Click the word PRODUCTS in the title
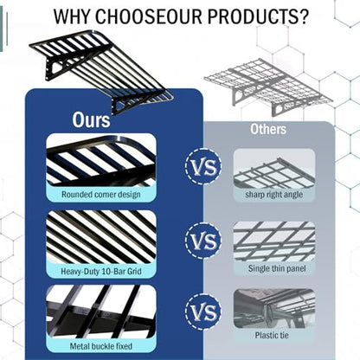(x=258, y=16)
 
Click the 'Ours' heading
(x=91, y=119)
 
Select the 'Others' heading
(x=268, y=129)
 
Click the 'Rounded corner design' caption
(x=101, y=195)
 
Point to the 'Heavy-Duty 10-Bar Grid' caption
(x=101, y=271)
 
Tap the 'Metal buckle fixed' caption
(x=101, y=346)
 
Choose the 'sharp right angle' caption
(x=274, y=195)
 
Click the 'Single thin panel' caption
(x=277, y=268)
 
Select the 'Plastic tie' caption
(x=272, y=335)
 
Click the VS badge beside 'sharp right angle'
(x=203, y=167)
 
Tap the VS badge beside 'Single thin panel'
(x=203, y=241)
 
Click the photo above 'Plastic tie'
(x=274, y=309)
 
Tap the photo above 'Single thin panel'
(x=274, y=241)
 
